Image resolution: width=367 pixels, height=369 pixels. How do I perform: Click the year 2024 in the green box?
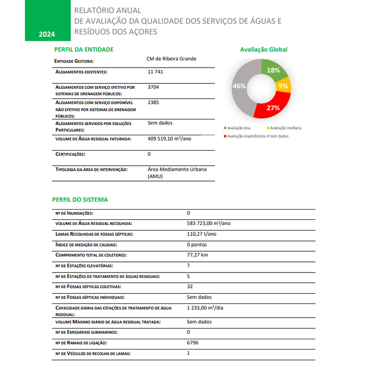[47, 35]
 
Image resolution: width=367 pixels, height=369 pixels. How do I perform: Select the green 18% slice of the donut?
[272, 70]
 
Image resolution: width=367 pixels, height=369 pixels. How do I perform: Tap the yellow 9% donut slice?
[283, 86]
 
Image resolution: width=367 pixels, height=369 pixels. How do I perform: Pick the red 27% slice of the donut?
[273, 108]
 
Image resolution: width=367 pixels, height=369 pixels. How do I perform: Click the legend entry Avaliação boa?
[239, 128]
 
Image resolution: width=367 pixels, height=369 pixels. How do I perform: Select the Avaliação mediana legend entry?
[284, 128]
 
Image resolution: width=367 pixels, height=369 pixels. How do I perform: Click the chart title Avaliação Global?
[263, 50]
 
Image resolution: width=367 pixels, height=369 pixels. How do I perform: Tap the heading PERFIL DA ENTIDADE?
[84, 50]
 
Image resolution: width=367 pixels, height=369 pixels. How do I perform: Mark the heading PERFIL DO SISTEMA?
[80, 199]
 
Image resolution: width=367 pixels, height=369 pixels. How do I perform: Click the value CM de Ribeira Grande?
[171, 59]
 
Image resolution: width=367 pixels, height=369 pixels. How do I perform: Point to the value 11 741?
[155, 72]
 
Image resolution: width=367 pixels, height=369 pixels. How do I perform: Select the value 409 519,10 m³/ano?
[169, 138]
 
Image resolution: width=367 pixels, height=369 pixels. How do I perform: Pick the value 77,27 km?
[198, 255]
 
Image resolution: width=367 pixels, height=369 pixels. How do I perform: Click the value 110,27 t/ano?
[202, 234]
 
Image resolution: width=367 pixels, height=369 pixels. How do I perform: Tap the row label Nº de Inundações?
[74, 213]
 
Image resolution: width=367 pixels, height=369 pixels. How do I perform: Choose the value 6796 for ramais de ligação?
[192, 342]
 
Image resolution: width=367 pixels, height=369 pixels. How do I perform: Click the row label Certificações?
[70, 154]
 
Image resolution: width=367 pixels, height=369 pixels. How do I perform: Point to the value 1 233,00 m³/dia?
[205, 308]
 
